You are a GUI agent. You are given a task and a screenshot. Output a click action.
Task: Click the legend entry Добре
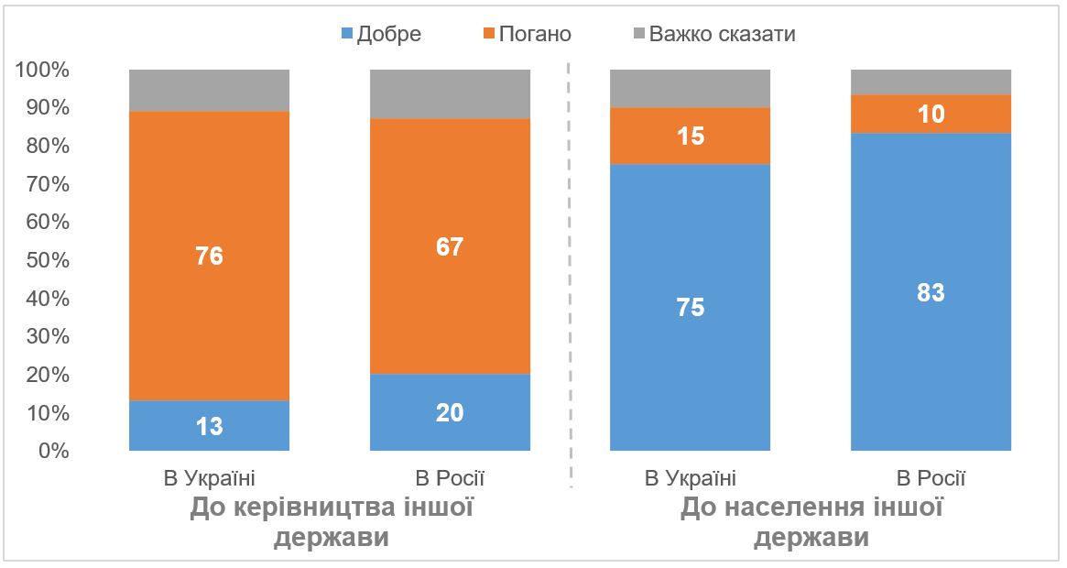pos(381,34)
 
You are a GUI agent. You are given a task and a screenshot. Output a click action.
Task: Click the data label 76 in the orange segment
pos(210,256)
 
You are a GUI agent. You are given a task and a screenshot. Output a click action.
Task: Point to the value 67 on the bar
pos(450,246)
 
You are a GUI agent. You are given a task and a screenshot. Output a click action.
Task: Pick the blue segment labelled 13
pos(210,426)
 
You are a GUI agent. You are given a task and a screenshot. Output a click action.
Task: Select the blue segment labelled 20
pos(450,412)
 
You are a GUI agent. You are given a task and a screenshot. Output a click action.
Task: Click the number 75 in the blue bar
pos(691,308)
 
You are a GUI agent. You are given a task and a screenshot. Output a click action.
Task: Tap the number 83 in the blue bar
pos(931,292)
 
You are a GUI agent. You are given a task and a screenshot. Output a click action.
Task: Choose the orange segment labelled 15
pos(691,137)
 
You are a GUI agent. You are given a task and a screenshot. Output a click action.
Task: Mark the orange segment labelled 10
pos(931,115)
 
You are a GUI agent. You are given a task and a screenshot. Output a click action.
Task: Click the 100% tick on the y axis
pos(42,70)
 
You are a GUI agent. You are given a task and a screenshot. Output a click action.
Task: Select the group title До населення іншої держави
pos(811,521)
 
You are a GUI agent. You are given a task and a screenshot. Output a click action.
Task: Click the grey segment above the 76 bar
pos(210,90)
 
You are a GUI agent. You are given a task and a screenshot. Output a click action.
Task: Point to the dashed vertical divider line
pos(570,275)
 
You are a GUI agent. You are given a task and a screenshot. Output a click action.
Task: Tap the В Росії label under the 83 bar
pos(931,477)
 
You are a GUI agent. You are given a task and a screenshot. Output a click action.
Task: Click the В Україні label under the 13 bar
pos(210,477)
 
